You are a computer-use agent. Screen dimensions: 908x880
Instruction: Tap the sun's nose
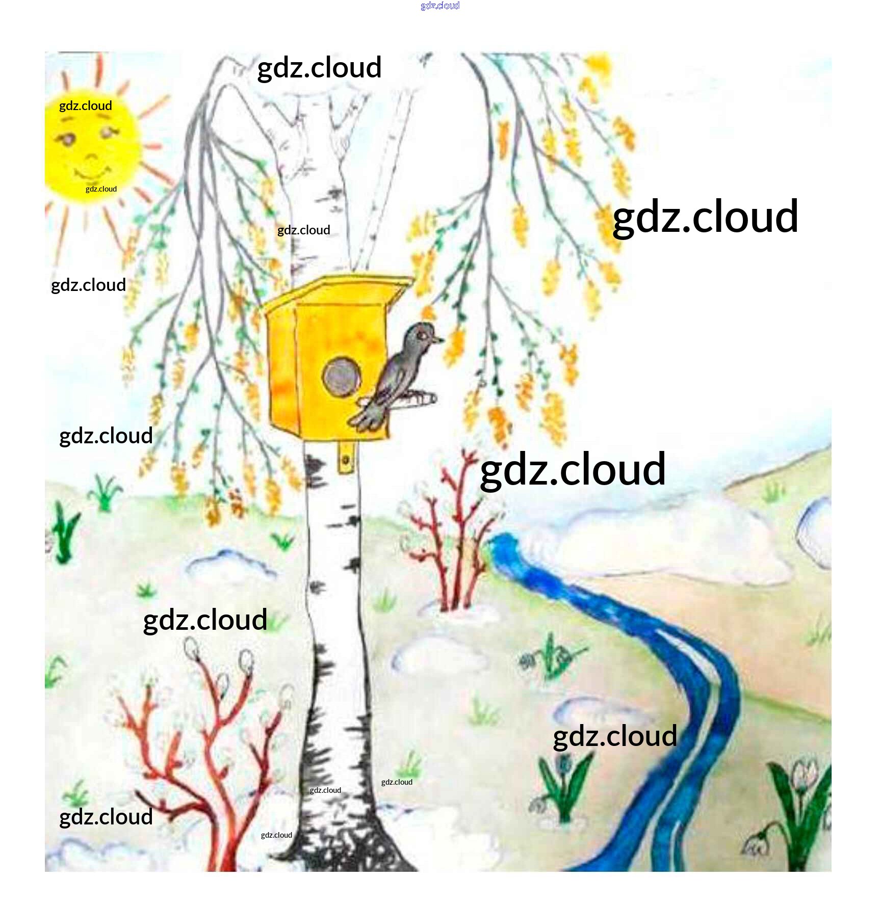coord(91,156)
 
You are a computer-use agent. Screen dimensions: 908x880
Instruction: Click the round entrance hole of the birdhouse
coord(341,377)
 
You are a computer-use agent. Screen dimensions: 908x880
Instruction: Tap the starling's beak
coord(438,339)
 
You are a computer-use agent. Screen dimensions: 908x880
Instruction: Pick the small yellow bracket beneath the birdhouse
coord(346,457)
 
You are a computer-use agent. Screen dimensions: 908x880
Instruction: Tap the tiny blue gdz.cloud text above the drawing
coord(440,6)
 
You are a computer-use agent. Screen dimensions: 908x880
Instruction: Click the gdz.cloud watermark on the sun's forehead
coord(86,105)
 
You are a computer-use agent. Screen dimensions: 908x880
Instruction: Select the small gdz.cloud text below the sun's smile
coord(101,189)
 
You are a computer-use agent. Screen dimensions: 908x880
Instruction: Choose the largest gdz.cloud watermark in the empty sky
coord(705,217)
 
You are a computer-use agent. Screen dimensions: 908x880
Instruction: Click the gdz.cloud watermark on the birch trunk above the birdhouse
coord(304,230)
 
